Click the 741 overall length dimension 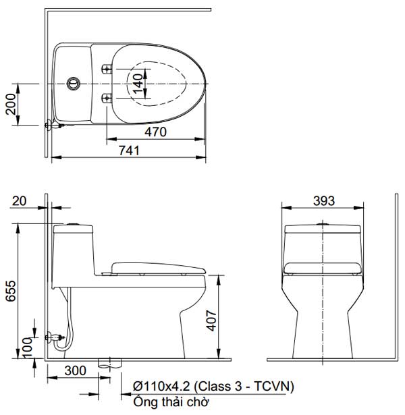click(128, 150)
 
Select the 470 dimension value click(155, 133)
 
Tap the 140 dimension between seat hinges click(138, 83)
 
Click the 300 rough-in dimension click(75, 370)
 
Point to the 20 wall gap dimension click(19, 200)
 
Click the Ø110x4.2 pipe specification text click(163, 386)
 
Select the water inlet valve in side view click(53, 336)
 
